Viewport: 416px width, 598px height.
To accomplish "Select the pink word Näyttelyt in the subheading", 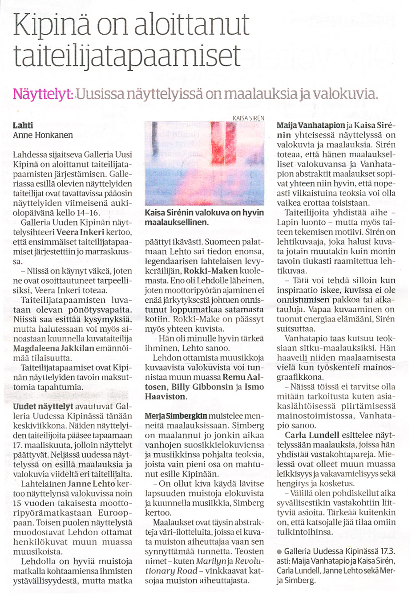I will tap(43, 94).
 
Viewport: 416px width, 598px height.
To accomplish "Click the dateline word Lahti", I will tap(23, 125).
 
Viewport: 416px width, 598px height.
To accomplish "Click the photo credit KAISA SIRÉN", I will tap(248, 118).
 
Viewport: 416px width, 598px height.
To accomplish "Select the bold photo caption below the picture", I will tap(204, 217).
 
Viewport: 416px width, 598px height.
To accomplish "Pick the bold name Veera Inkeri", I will tap(80, 232).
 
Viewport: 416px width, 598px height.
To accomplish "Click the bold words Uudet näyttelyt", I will tap(43, 407).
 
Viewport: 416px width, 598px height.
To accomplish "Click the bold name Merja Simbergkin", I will tap(176, 416).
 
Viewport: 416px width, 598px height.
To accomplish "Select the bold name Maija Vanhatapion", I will tap(311, 125).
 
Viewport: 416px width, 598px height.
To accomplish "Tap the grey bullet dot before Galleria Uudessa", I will tap(279, 552).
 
